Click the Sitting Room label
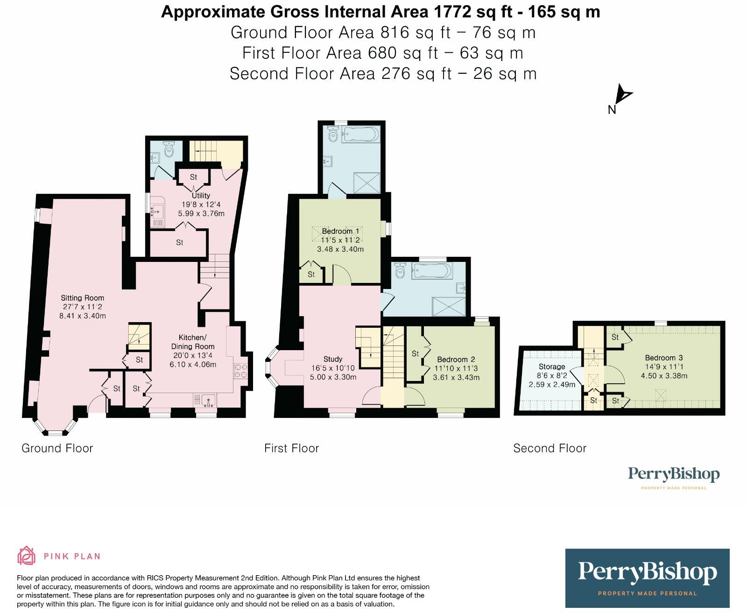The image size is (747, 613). click(x=82, y=298)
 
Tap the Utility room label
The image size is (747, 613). click(x=201, y=195)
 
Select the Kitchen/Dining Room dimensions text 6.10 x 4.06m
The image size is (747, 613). click(x=193, y=365)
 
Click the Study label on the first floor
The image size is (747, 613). click(x=333, y=359)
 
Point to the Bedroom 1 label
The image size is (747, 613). click(x=340, y=231)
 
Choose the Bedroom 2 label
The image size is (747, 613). click(x=456, y=359)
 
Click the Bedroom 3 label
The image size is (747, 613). click(x=664, y=358)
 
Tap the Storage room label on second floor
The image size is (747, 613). click(x=552, y=366)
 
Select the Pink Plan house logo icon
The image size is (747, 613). click(x=27, y=555)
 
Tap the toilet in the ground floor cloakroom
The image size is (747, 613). click(x=169, y=149)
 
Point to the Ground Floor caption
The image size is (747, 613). click(x=57, y=448)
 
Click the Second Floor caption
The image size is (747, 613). click(x=550, y=448)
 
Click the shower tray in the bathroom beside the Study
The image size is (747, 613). click(x=449, y=306)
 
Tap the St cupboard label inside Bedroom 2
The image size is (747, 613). click(x=415, y=353)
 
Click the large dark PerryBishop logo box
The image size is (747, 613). click(x=647, y=578)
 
